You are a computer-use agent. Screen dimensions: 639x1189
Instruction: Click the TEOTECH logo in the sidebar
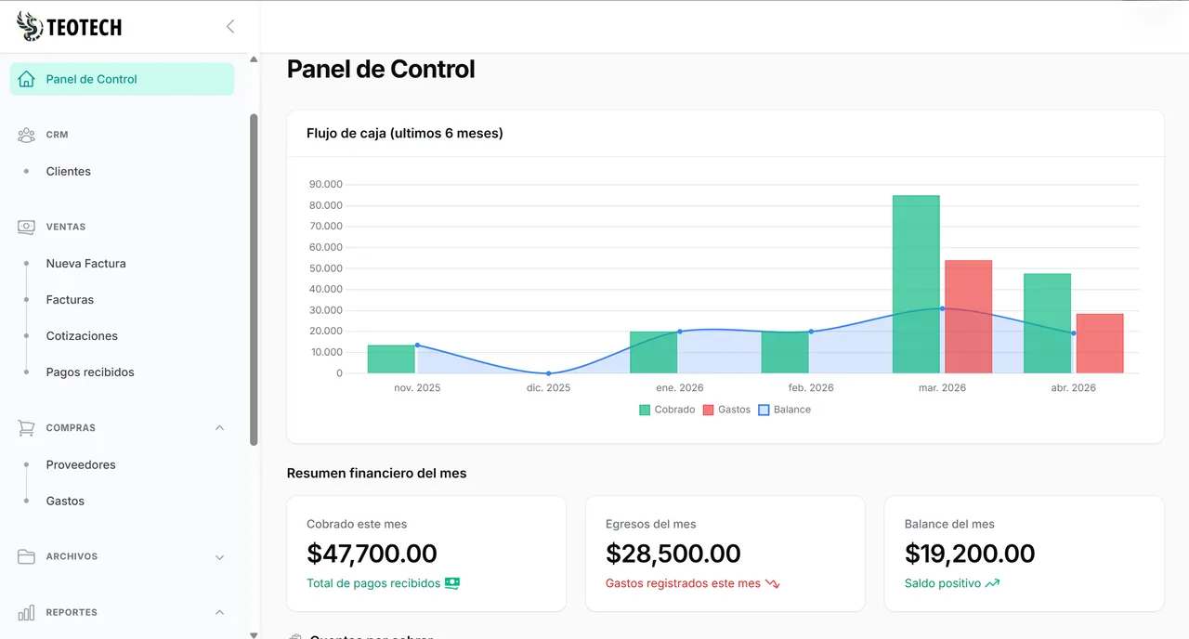[70, 27]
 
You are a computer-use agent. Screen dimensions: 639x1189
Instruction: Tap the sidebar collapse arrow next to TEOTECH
[230, 27]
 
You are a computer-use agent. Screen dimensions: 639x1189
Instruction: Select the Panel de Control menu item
[91, 79]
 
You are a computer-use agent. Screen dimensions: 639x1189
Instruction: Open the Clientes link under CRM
[69, 171]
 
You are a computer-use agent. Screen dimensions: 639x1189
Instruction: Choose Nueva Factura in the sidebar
[85, 263]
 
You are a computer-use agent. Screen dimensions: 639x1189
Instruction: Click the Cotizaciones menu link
[82, 335]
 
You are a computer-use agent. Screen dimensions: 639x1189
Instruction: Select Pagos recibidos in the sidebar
[90, 372]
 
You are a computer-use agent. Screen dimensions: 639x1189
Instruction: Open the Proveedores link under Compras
[81, 464]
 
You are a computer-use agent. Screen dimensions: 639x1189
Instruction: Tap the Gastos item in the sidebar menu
[65, 501]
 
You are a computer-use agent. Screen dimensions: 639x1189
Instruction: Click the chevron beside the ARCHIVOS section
[220, 557]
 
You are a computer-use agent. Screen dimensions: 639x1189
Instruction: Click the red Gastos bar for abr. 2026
[1100, 344]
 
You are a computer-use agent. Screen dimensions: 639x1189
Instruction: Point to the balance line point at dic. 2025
[548, 373]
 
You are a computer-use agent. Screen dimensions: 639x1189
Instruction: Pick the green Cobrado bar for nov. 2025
[391, 359]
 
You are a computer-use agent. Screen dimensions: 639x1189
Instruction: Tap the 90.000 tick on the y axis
[325, 184]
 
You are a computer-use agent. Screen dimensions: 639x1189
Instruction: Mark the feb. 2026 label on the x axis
[810, 387]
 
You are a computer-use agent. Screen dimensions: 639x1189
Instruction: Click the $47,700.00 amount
[372, 554]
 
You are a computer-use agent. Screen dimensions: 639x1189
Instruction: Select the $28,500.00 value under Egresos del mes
[673, 554]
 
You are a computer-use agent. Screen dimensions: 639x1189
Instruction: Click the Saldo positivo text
[942, 583]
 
